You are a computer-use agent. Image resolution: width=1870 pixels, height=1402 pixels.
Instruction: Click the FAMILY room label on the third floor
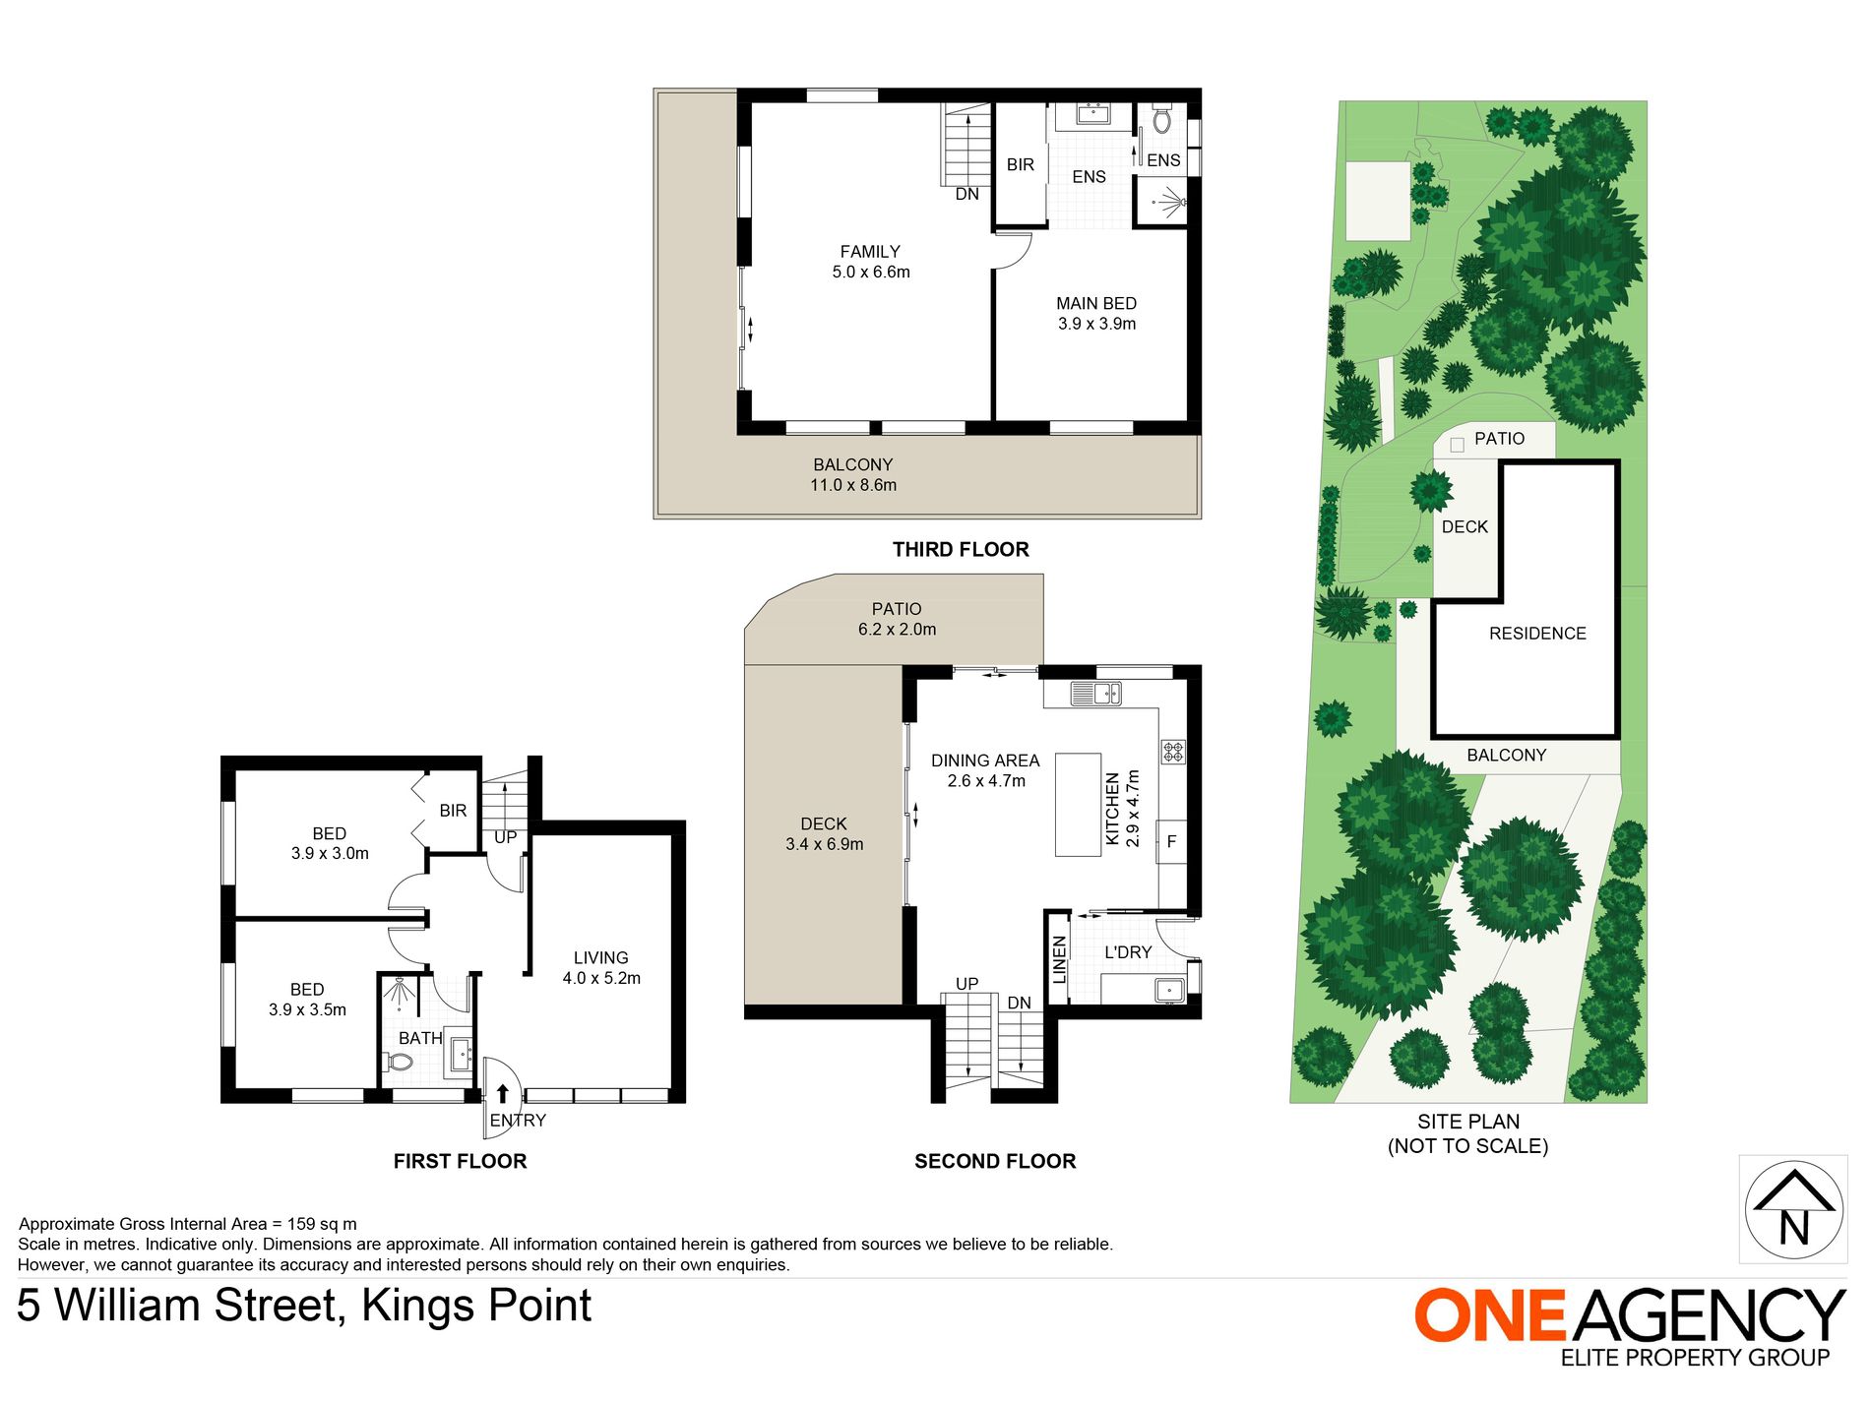[870, 252]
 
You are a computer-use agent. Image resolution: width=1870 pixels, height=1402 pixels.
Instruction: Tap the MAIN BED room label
[1096, 304]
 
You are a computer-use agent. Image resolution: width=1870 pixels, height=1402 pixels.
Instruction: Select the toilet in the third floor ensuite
[1162, 119]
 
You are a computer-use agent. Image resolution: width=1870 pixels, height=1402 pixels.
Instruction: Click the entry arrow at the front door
[503, 1093]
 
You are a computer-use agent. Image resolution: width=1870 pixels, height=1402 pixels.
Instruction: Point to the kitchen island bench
[1078, 805]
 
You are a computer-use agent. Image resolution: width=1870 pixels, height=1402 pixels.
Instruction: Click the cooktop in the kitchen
[1173, 752]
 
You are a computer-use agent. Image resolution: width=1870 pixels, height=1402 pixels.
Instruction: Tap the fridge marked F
[1171, 842]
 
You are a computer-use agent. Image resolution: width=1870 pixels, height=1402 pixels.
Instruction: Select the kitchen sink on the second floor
[1096, 694]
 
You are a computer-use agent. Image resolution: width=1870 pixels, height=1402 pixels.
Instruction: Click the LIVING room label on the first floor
[600, 958]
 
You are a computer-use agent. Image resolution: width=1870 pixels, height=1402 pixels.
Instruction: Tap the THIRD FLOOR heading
[961, 550]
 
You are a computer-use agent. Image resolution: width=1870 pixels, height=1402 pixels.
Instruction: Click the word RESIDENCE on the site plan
[1537, 635]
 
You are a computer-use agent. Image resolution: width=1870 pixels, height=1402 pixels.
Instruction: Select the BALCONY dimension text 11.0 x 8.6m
[853, 485]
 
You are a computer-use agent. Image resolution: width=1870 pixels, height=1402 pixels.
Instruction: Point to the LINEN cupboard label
[1060, 959]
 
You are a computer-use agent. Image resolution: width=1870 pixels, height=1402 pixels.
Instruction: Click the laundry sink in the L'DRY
[1170, 989]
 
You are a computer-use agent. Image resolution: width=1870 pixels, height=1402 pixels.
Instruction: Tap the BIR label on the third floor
[1021, 165]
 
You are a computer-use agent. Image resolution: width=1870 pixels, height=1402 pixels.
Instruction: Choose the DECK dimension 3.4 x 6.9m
[825, 844]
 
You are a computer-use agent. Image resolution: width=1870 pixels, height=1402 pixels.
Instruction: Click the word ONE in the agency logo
[1490, 1315]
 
